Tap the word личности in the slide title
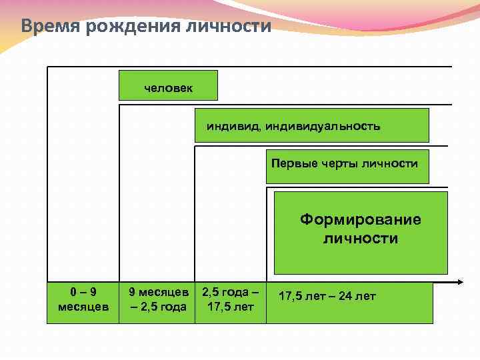(234, 27)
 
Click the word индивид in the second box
(233, 126)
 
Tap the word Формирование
(361, 220)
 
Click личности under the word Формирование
(361, 238)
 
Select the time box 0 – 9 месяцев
(83, 299)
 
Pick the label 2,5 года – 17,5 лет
(230, 299)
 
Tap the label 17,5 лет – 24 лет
(327, 296)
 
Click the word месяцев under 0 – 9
(83, 307)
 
